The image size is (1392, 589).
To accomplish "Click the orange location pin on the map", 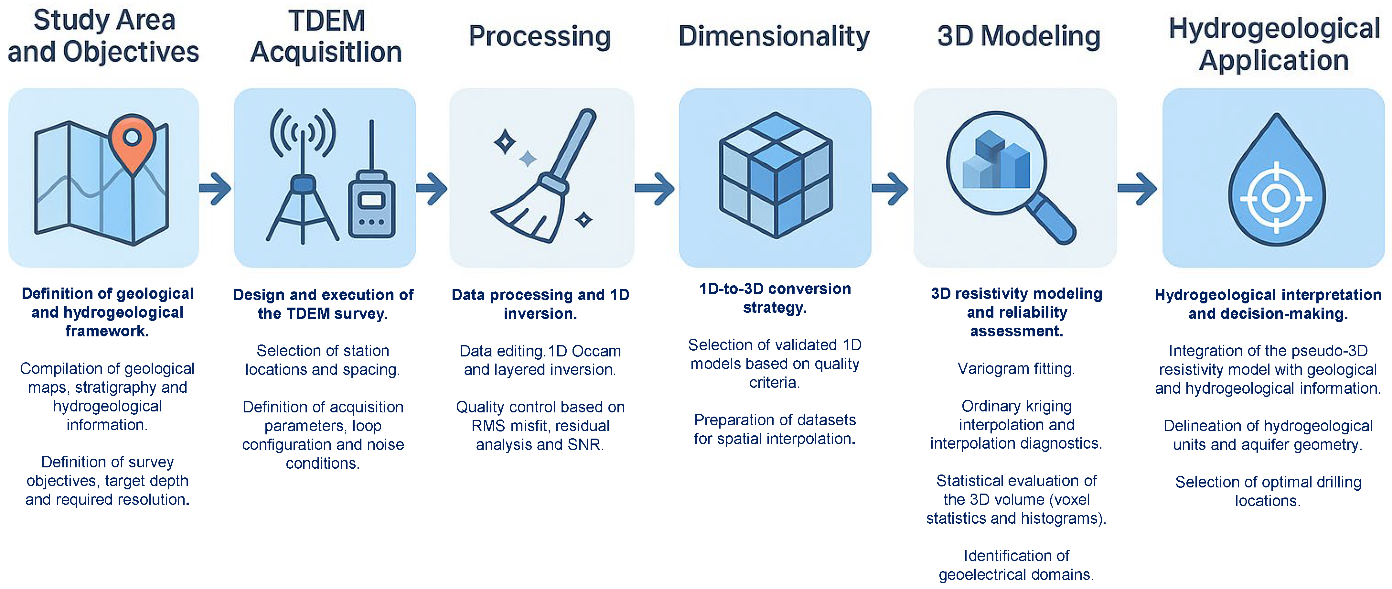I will [x=132, y=141].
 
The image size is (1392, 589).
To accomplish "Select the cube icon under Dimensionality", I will [x=776, y=176].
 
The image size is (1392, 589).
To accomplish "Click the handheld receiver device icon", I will [x=372, y=204].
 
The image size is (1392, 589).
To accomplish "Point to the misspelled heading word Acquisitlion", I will [x=327, y=52].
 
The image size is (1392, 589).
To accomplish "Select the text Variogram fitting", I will [x=1016, y=369].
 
